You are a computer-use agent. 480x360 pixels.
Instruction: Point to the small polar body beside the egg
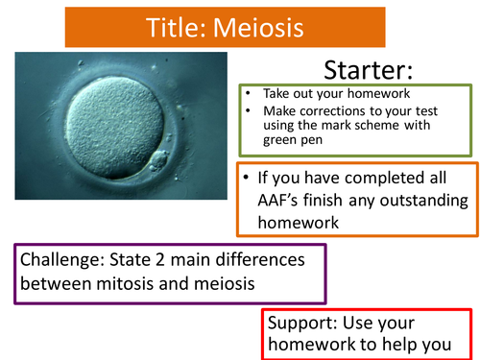(159, 158)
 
